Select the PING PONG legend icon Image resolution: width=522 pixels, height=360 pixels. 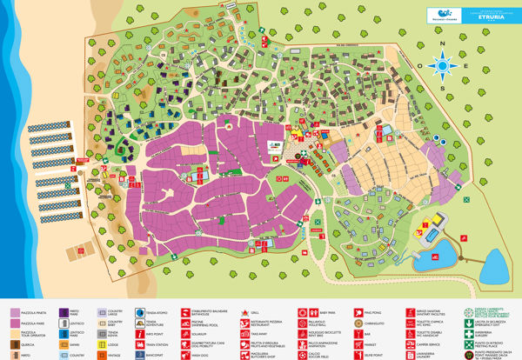tap(355, 311)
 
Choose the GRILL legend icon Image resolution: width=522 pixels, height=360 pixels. tap(259, 311)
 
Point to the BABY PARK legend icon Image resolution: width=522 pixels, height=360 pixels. tap(307, 311)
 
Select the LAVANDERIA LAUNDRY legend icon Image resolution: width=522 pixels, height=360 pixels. tap(404, 355)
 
